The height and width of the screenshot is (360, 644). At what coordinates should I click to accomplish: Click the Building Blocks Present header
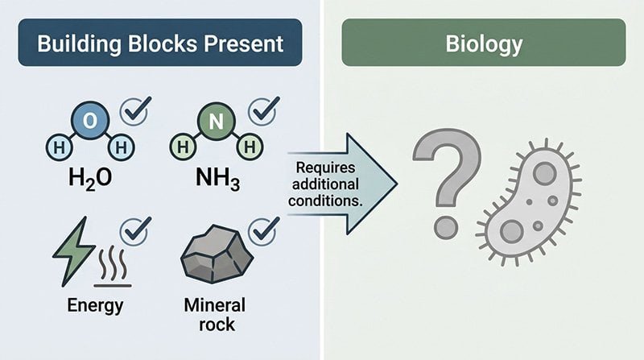pos(159,43)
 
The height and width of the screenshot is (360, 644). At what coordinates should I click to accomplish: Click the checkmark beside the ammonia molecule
pos(263,110)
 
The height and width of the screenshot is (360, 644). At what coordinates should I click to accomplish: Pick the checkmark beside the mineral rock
pos(263,231)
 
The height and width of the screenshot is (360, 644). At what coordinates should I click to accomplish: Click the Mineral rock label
pos(215,316)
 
